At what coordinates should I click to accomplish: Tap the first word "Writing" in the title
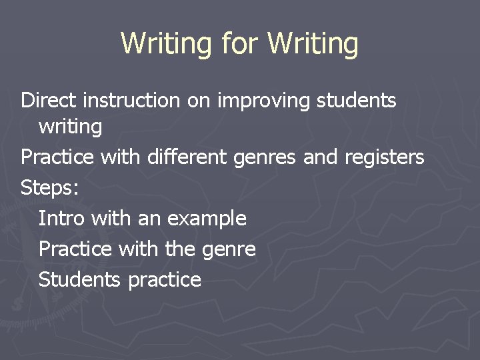[167, 44]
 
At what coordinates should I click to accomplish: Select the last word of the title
[313, 44]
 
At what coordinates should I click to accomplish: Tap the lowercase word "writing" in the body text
[70, 127]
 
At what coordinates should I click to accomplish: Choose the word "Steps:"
[50, 188]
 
